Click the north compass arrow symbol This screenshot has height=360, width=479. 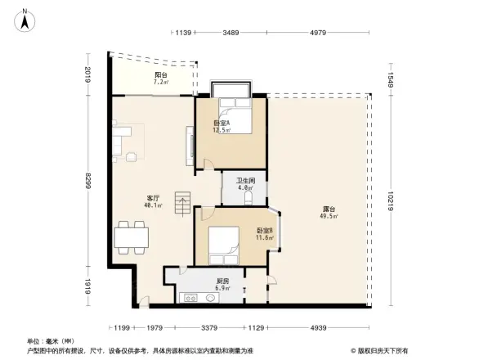(x=25, y=18)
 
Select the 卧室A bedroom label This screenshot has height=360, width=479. (x=222, y=125)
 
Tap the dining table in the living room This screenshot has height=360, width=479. (x=131, y=236)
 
